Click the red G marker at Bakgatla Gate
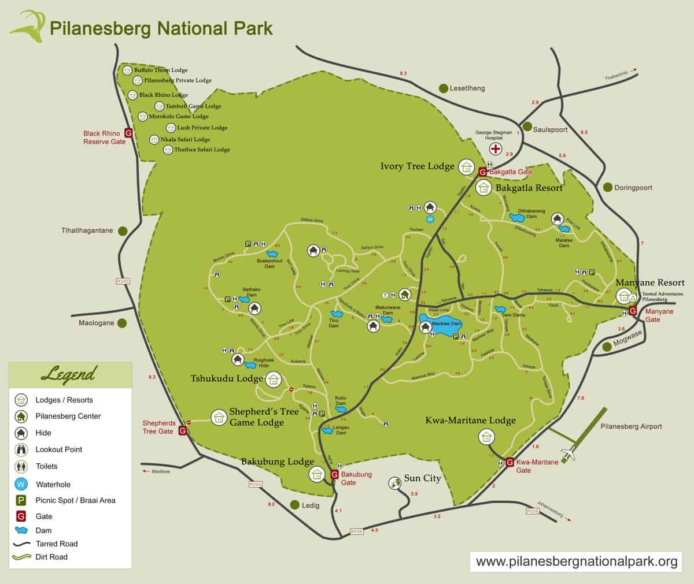482,171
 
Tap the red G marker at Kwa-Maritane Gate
510,462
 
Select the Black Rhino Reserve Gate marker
129,133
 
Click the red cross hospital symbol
496,149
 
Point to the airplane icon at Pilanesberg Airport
570,454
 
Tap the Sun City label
422,478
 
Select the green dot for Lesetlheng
444,88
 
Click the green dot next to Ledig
295,504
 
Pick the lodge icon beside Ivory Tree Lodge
466,167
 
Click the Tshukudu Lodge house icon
274,380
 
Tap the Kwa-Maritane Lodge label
470,421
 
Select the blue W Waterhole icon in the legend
21,484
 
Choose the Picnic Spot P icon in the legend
21,500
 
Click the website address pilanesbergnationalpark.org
576,561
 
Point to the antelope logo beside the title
27,27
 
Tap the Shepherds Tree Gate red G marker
183,430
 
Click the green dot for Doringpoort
608,187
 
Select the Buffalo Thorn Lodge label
161,70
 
